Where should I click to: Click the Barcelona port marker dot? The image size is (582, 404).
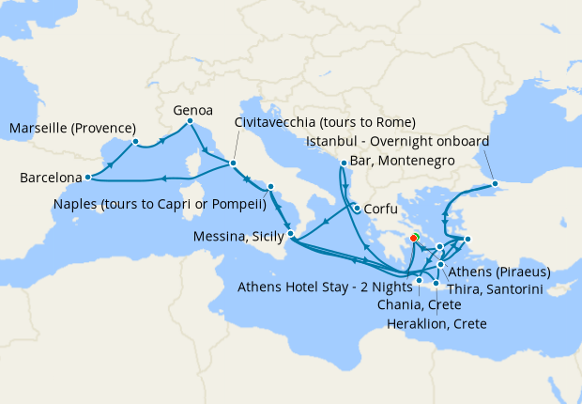87,177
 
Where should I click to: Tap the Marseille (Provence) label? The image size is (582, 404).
73,129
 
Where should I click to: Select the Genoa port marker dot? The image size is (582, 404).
191,121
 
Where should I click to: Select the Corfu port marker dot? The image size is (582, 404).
357,209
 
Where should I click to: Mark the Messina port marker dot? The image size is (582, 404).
291,234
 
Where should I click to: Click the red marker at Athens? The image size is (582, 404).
414,251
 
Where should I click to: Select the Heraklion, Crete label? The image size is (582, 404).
436,324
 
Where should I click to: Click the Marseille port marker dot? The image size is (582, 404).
136,142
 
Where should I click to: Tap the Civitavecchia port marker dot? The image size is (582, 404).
233,164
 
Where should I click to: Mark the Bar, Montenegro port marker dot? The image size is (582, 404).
344,163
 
